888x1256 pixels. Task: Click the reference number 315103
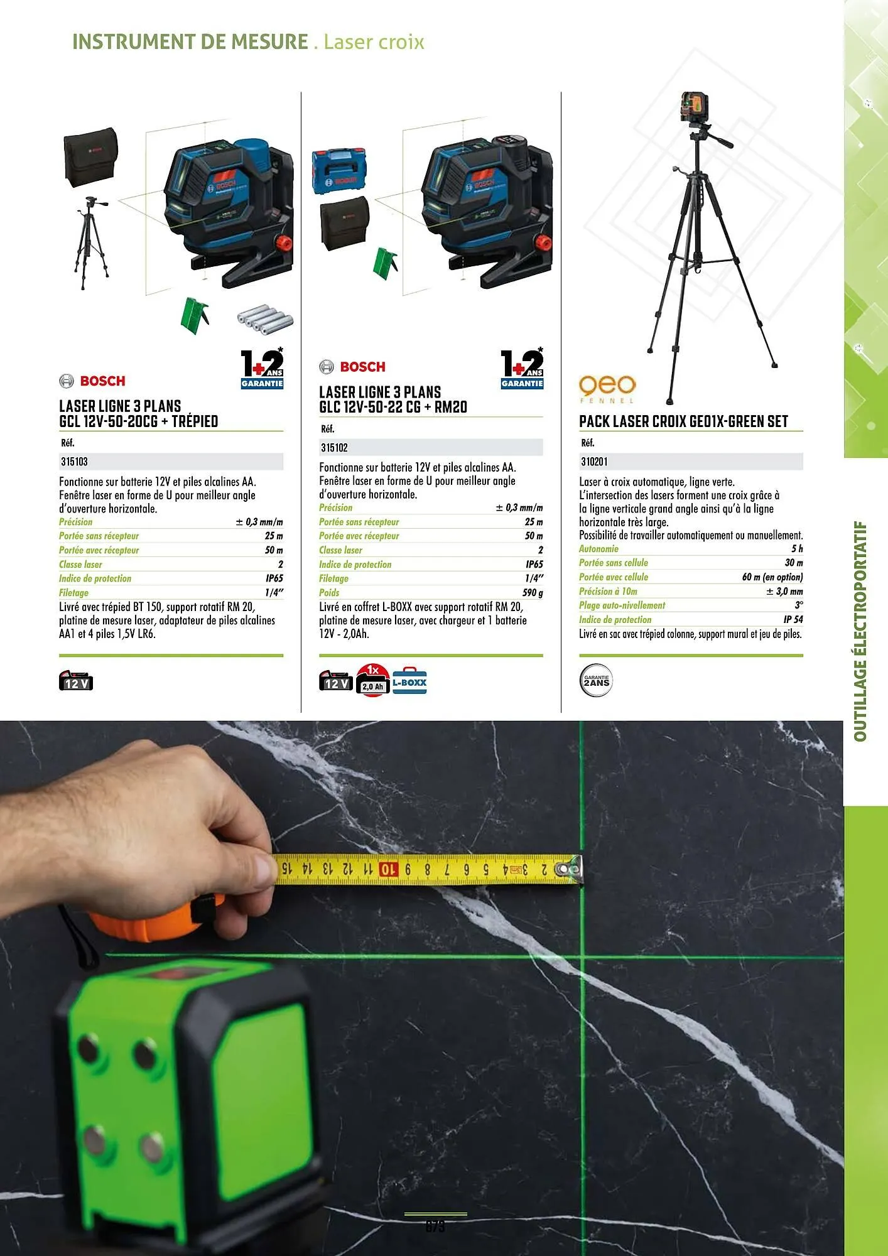coord(75,462)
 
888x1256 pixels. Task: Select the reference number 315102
coord(334,448)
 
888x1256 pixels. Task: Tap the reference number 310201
coord(594,462)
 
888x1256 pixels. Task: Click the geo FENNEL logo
coord(607,387)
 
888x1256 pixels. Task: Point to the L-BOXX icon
coord(409,681)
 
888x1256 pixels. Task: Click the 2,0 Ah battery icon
coord(372,681)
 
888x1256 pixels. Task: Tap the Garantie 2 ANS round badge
coord(595,681)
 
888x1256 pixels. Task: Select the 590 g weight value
coord(533,592)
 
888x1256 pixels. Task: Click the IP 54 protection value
coord(793,619)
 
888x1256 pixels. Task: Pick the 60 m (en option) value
coord(772,577)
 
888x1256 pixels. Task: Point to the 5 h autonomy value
coord(796,549)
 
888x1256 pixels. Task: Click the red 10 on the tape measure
coord(388,870)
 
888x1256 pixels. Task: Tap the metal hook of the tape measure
coord(572,869)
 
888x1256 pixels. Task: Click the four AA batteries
coord(265,318)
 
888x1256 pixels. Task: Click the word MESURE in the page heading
coord(269,42)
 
